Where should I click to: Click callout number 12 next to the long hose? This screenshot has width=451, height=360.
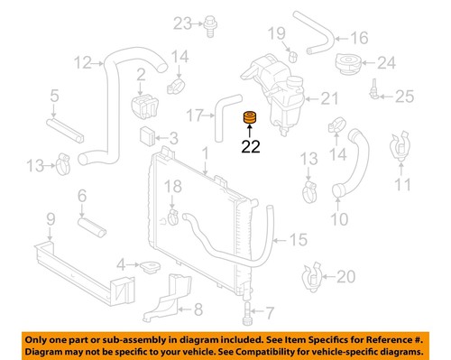[x=83, y=63]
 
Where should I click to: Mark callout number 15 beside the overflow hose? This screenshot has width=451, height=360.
[x=298, y=240]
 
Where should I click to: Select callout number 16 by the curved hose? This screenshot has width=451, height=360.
[x=359, y=38]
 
